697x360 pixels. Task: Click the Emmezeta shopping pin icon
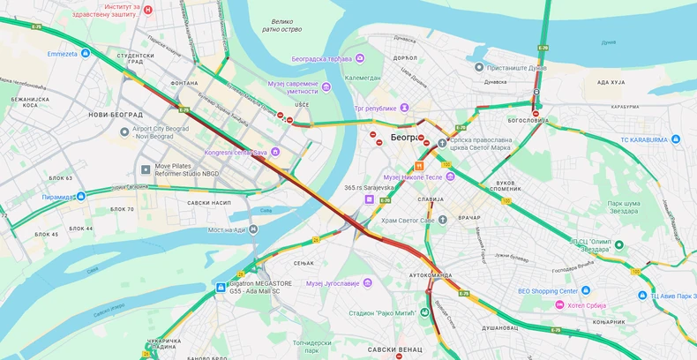[x=86, y=53]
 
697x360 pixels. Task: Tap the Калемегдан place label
[x=362, y=78]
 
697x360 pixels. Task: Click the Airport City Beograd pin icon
[x=124, y=131]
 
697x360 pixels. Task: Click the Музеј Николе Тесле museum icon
[x=450, y=176]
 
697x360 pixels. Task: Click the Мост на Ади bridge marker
[x=253, y=229]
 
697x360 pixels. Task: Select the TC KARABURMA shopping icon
[x=675, y=139]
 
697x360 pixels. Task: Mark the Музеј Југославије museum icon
[x=367, y=282]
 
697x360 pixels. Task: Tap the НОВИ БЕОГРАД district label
[x=116, y=115]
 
